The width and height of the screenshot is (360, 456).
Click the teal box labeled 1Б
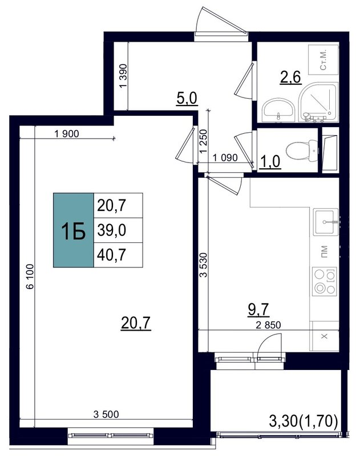[74, 230]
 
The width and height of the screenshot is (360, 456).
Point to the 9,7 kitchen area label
[258, 310]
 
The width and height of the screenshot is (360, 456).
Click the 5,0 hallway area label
[186, 98]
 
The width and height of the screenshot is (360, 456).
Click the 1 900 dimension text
[67, 135]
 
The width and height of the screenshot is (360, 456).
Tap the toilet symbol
[298, 150]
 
